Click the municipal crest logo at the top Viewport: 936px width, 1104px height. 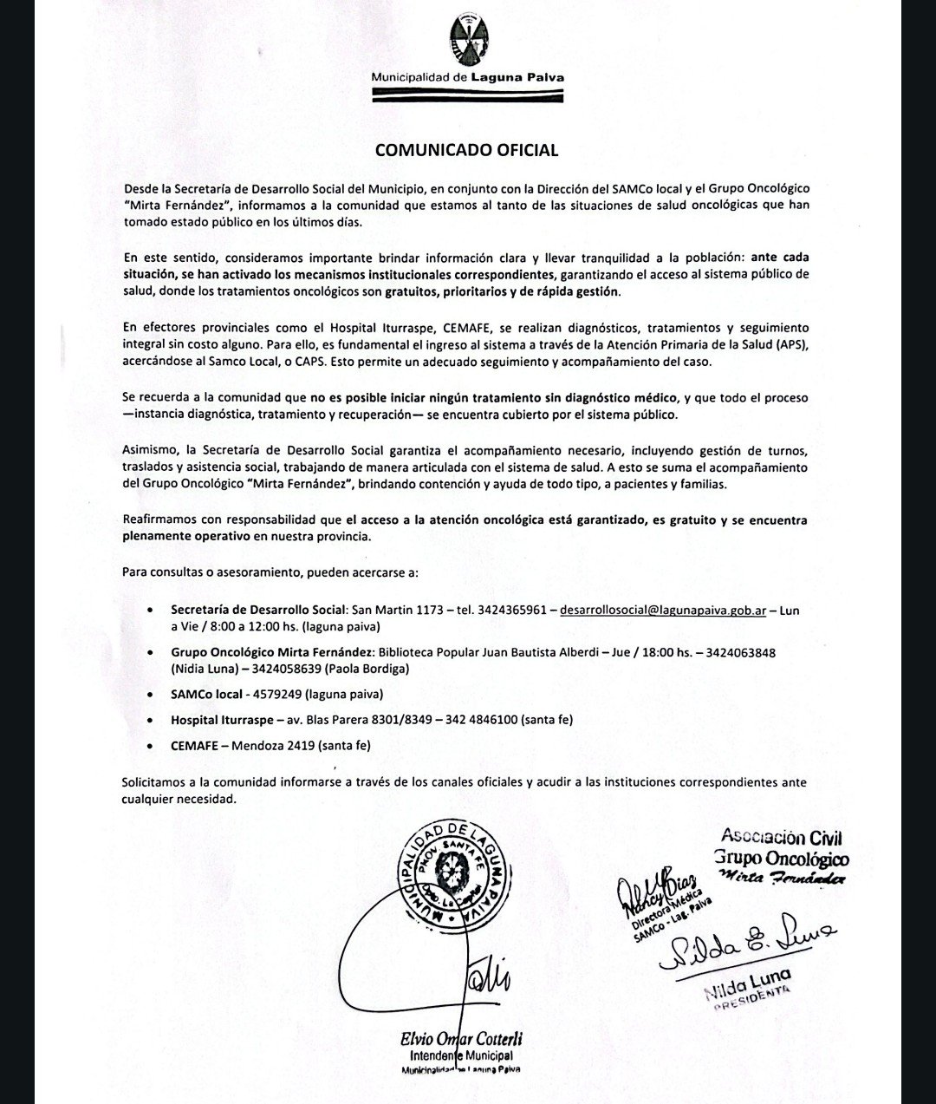[x=468, y=42]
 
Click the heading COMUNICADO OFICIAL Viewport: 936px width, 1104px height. [x=466, y=150]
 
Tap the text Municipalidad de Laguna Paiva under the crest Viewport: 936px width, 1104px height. [x=467, y=77]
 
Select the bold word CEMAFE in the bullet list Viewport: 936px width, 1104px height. [x=194, y=745]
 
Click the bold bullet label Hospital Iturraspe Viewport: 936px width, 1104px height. [x=221, y=720]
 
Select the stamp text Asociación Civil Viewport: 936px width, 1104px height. [x=782, y=839]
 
